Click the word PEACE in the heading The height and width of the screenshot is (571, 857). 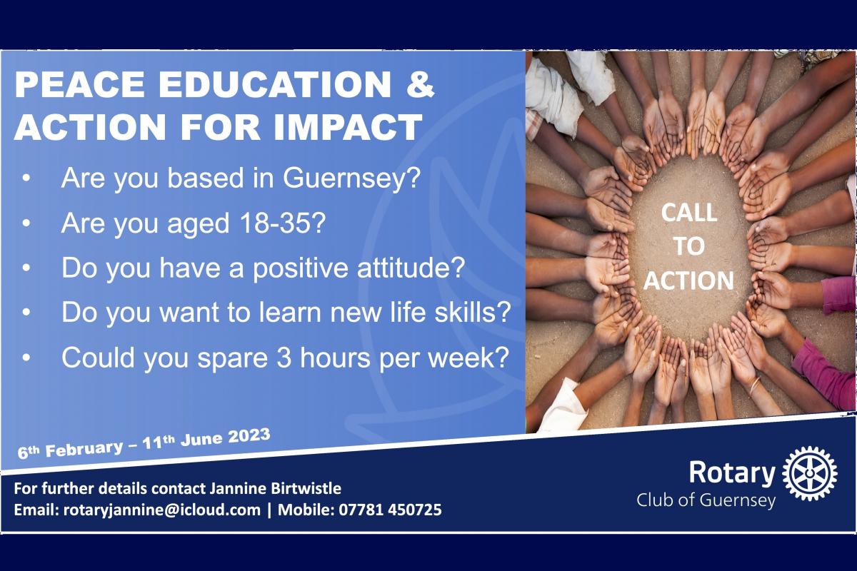coord(79,85)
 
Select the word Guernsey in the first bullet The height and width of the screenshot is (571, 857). coord(352,178)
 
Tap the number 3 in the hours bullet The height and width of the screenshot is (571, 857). coord(284,358)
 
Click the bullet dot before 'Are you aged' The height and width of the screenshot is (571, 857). coord(26,223)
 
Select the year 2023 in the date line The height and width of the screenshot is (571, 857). coord(249,436)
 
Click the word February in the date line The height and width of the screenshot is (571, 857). coord(84,448)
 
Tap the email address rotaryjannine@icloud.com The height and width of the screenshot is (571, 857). coord(162,510)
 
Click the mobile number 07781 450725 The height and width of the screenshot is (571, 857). coord(390,510)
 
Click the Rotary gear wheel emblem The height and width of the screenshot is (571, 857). coord(810,473)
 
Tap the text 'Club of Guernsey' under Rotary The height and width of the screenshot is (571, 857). coord(706,500)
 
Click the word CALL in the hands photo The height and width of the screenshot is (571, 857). coord(689,213)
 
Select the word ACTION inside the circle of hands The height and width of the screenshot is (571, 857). coord(688,281)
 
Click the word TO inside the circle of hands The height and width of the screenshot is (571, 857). coord(689,247)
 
